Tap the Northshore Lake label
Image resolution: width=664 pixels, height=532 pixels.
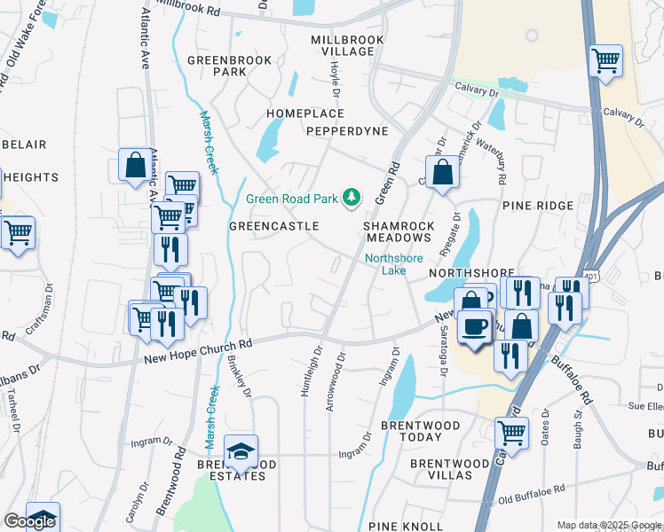coord(387,264)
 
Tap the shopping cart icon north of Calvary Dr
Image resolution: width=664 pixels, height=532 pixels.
coord(605,61)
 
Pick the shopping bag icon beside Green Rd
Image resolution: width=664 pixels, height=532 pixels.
coord(441,173)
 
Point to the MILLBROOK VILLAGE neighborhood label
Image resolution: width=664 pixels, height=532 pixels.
coord(347,46)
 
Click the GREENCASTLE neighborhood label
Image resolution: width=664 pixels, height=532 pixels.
coord(273,226)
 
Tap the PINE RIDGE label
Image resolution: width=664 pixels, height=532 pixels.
coord(538,206)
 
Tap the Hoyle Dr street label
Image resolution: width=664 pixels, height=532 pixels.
coord(336,81)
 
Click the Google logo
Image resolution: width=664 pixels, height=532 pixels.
coord(29,521)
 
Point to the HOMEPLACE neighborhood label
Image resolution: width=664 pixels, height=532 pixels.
coord(306,113)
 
